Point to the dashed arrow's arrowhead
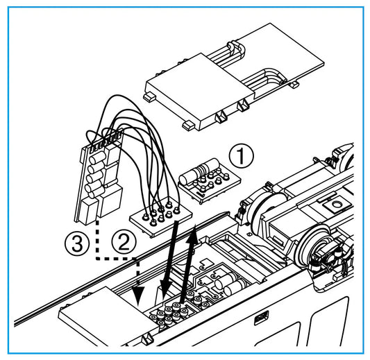tap(139, 298)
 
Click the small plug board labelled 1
tap(204, 182)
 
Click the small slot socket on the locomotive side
tap(258, 319)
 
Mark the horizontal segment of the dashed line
tap(115, 259)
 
